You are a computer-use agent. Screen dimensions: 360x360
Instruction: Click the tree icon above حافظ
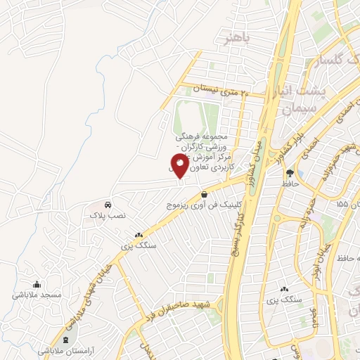[289, 173]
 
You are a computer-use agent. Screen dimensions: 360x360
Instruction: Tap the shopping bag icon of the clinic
[204, 195]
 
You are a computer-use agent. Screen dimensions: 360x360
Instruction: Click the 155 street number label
[342, 205]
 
